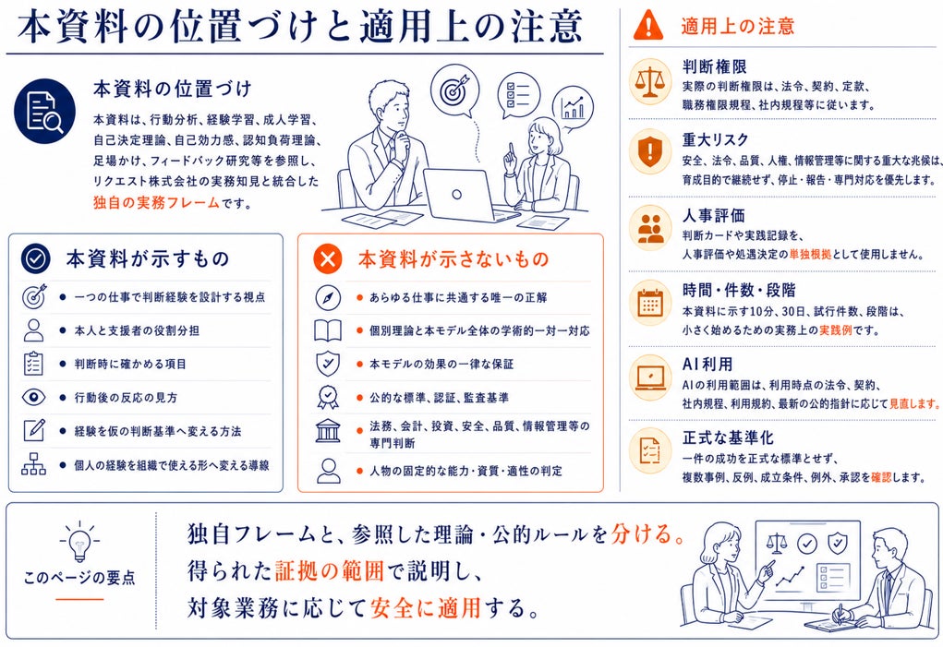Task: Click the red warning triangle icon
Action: coord(648,25)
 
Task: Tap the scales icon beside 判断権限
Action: coord(650,81)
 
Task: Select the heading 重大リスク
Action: coord(715,140)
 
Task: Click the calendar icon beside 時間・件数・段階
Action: coord(650,304)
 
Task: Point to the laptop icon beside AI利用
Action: coord(650,378)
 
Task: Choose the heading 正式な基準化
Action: coord(728,437)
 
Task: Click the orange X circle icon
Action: coord(328,259)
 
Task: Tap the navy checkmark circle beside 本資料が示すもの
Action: coord(35,258)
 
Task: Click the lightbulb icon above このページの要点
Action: coord(79,542)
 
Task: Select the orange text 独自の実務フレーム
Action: coord(156,202)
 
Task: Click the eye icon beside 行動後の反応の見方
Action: coord(33,397)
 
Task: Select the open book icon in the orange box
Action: coord(328,330)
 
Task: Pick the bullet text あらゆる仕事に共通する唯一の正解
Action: coord(458,297)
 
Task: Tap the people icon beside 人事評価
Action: coord(650,229)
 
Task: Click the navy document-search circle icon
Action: coord(45,112)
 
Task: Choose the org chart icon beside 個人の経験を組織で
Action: coord(33,464)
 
